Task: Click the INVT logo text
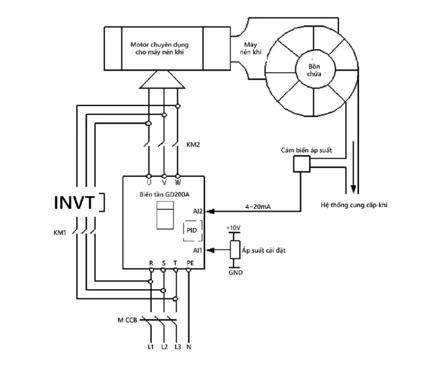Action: (x=74, y=202)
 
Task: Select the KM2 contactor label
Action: (x=193, y=144)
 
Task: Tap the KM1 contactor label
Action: (x=60, y=233)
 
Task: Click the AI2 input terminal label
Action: (x=198, y=211)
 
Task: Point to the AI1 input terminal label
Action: (x=198, y=250)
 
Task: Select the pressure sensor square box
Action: (x=302, y=164)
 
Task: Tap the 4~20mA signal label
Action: (x=258, y=207)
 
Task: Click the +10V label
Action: (x=233, y=228)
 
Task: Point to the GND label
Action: (x=236, y=272)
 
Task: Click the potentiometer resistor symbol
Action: (x=235, y=249)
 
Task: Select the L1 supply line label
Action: (x=151, y=347)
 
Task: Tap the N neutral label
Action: (x=189, y=347)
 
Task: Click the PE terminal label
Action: (x=191, y=263)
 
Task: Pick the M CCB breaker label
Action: (x=128, y=320)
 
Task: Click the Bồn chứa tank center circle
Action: (x=315, y=70)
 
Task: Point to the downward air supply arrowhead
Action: (x=353, y=189)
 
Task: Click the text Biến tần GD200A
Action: (x=165, y=195)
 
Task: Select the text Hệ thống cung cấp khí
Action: (x=354, y=205)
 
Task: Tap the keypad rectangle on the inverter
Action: (x=165, y=215)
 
